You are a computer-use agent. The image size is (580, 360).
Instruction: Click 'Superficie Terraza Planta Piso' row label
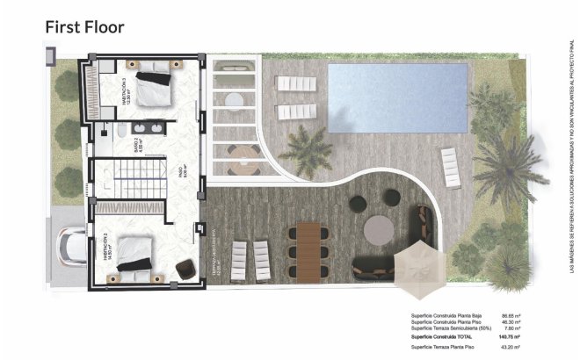click(x=445, y=349)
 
